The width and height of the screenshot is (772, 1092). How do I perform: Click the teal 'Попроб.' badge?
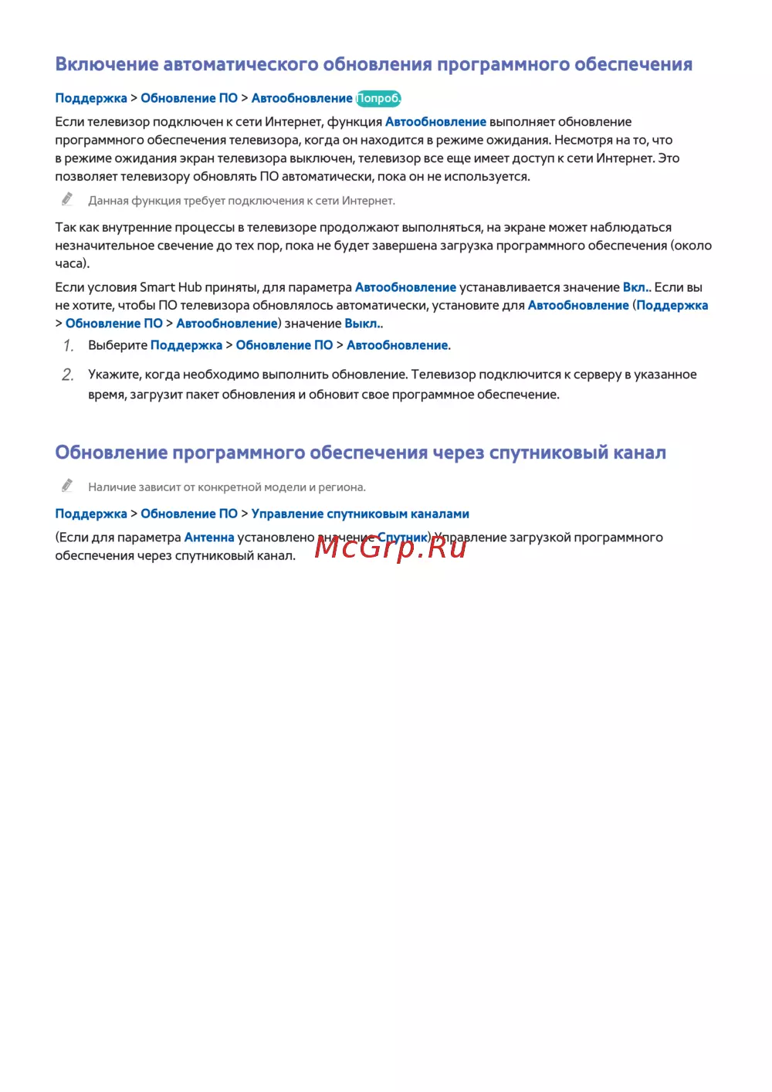click(378, 98)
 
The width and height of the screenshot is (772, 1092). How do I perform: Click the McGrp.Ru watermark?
click(391, 547)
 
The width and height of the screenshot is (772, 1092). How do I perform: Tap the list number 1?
click(68, 345)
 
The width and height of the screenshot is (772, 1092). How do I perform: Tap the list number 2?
click(68, 375)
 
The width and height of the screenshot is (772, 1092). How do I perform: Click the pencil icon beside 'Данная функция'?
click(67, 199)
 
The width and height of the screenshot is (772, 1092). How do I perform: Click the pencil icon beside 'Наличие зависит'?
click(67, 486)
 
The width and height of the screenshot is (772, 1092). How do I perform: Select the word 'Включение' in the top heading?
click(107, 64)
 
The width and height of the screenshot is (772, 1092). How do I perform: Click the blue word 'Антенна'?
click(209, 538)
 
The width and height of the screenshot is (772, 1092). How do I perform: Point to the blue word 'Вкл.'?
click(635, 287)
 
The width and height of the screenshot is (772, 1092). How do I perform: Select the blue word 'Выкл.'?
click(362, 324)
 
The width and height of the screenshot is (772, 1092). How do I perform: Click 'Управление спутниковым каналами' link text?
click(360, 514)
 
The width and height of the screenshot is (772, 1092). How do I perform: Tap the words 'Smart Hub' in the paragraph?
click(171, 287)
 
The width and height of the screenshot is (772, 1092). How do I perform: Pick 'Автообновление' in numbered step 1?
click(397, 345)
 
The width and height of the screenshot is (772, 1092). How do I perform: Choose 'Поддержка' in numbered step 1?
click(186, 345)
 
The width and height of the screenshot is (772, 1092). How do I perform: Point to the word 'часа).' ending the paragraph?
click(73, 263)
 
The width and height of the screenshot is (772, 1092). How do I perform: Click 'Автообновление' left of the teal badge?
click(302, 98)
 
